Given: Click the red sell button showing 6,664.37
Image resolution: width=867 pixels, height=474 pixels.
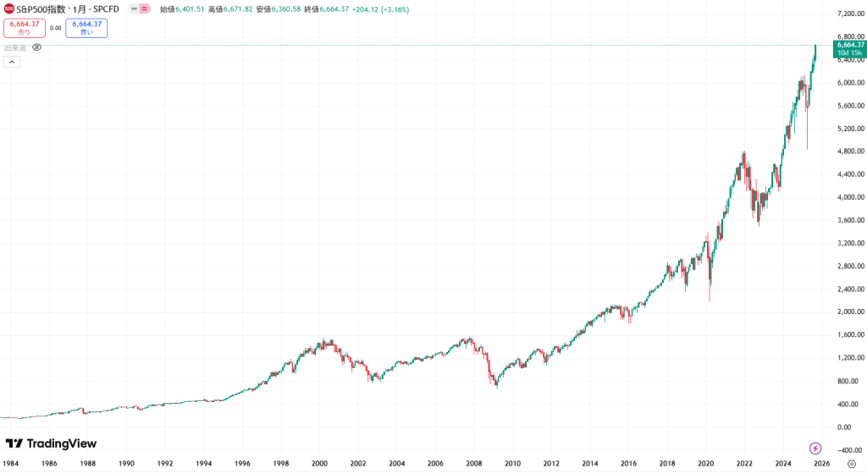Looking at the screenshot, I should (x=24, y=28).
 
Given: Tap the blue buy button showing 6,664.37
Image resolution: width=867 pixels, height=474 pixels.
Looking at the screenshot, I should (x=86, y=28).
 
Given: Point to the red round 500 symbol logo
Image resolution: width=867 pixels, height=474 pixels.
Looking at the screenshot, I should (x=8, y=8).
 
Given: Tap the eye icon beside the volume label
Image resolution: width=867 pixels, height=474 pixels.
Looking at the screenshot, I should (x=36, y=47).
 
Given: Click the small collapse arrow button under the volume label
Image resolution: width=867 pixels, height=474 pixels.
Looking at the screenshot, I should (x=12, y=62).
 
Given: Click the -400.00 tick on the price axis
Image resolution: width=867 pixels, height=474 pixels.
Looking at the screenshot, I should (x=847, y=449).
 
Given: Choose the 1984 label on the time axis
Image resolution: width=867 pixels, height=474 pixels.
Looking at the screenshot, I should (x=10, y=464).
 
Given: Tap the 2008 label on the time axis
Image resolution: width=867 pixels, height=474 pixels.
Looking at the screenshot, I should (x=473, y=464).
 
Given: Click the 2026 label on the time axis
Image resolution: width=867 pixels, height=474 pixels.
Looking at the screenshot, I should (x=821, y=464).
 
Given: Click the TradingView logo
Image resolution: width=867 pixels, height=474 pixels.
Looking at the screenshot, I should (x=51, y=444).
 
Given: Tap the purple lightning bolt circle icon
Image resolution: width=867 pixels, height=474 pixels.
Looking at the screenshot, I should (x=815, y=448).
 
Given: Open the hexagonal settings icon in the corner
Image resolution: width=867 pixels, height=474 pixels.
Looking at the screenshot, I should (x=851, y=464).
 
